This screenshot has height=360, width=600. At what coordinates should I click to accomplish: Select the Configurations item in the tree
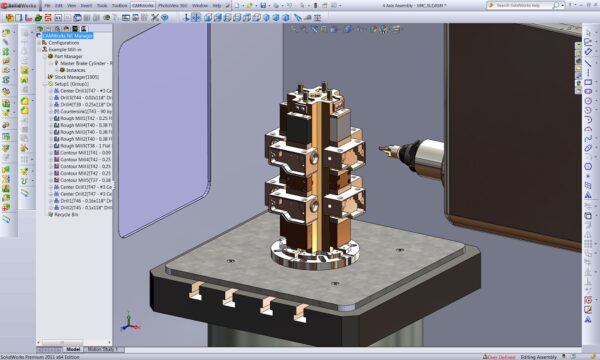click(65, 43)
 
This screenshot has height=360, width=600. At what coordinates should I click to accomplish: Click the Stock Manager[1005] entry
click(75, 76)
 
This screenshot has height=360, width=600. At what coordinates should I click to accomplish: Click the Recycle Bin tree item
click(69, 214)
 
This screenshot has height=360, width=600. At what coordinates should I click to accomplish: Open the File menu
click(46, 4)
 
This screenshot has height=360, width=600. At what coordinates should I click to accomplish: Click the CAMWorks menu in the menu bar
click(147, 4)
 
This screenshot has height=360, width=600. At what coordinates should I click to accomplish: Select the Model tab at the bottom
click(74, 349)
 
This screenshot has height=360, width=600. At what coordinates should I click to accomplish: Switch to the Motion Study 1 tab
click(103, 349)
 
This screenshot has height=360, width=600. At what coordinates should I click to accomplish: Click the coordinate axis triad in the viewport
click(127, 322)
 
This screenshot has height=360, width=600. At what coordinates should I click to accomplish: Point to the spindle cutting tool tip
click(382, 153)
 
